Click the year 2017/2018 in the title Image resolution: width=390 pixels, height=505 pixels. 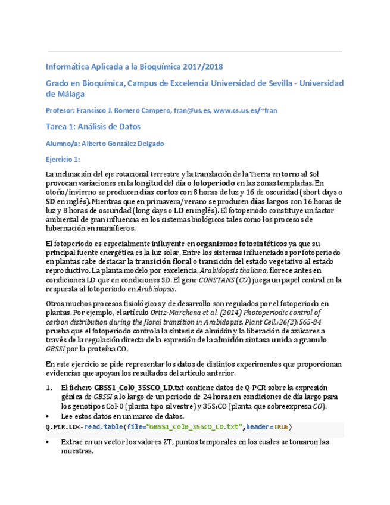tap(202, 67)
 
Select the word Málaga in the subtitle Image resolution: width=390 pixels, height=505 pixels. tap(65, 94)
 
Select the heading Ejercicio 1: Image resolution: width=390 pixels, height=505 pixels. tap(63, 160)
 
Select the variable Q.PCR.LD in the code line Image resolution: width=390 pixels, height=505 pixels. tap(60, 427)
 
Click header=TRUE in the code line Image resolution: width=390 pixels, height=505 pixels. tap(268, 427)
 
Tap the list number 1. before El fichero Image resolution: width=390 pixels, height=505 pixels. tap(49, 388)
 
